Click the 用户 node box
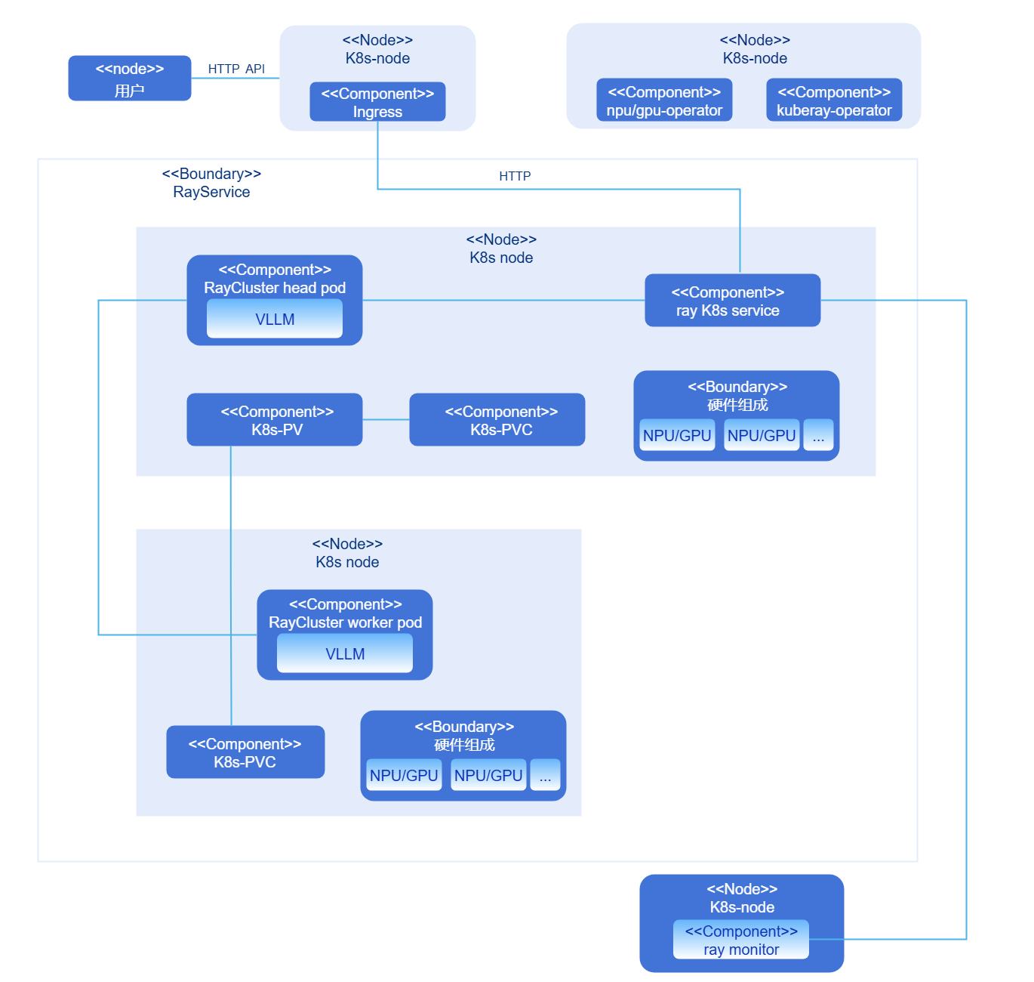[129, 78]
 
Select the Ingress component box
[377, 102]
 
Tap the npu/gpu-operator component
[664, 100]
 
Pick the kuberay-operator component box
[834, 100]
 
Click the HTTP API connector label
[236, 69]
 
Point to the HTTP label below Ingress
[515, 176]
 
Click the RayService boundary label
[211, 184]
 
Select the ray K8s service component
[732, 301]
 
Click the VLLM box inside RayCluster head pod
[275, 319]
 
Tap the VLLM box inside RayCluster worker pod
[345, 653]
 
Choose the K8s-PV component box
[275, 420]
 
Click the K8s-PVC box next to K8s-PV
[497, 420]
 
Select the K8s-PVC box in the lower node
[245, 752]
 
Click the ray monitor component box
[740, 940]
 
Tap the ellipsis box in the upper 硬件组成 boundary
[818, 435]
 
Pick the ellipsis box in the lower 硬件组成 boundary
[545, 775]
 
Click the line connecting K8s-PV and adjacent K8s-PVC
[386, 420]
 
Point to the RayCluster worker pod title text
[345, 622]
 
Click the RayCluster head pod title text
[275, 288]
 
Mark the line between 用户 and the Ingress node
[235, 78]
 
